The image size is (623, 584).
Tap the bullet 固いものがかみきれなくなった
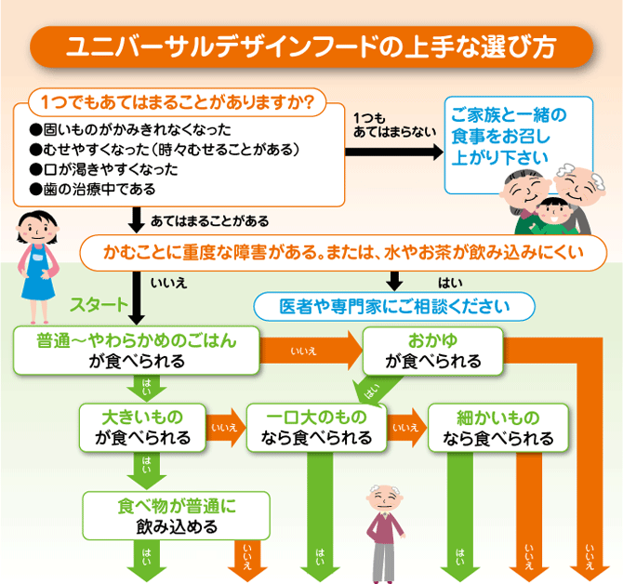click(130, 129)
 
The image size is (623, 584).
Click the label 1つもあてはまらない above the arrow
click(393, 125)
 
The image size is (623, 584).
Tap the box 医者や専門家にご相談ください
click(395, 305)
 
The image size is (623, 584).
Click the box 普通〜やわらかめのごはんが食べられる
click(136, 351)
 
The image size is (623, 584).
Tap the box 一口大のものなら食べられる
click(316, 427)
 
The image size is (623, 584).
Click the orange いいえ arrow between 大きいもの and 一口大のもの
click(224, 427)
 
